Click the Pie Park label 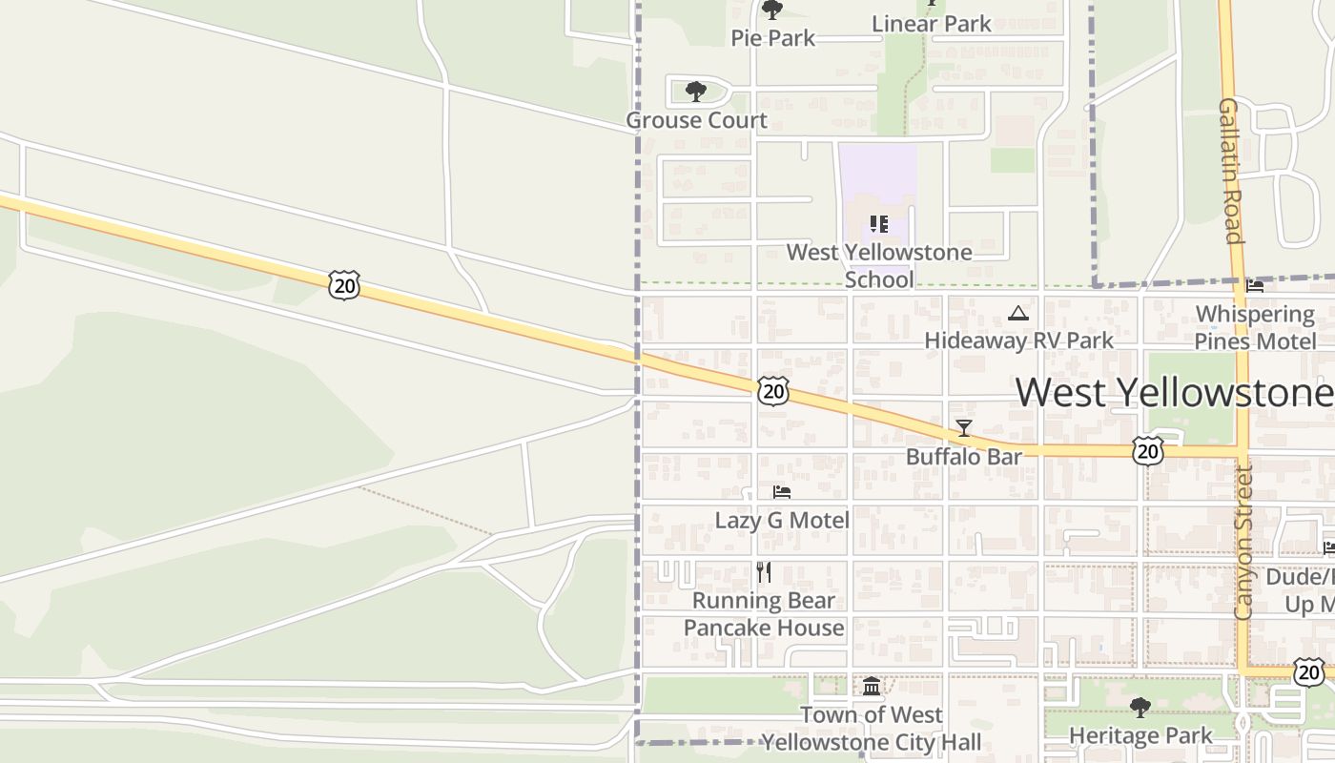[x=772, y=38]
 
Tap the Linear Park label [x=932, y=24]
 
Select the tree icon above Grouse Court [x=696, y=92]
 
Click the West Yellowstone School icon [x=878, y=224]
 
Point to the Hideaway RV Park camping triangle [x=1018, y=314]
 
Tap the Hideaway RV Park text [x=1018, y=340]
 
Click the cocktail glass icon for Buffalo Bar [x=964, y=428]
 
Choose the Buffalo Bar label [x=963, y=457]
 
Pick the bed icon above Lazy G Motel [x=782, y=492]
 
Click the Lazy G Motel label [x=782, y=520]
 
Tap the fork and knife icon [x=763, y=572]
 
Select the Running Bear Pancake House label [x=764, y=614]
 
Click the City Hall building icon [x=872, y=687]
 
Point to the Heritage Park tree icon [x=1140, y=708]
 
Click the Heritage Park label [x=1140, y=735]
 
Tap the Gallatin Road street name [x=1230, y=171]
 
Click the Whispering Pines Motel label [x=1255, y=327]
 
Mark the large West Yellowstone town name [x=1173, y=392]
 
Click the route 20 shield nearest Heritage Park [x=1309, y=671]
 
